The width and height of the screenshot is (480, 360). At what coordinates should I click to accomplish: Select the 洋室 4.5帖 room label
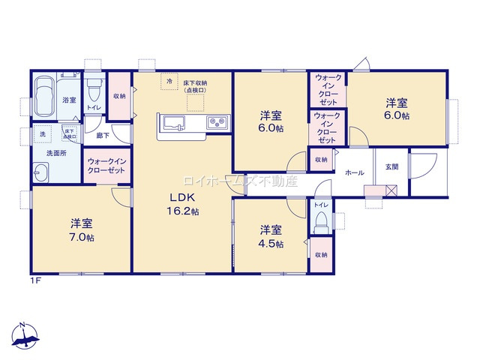(x=271, y=236)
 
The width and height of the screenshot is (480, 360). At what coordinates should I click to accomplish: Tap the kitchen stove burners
(x=217, y=122)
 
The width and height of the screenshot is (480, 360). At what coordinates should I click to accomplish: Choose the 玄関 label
(x=392, y=166)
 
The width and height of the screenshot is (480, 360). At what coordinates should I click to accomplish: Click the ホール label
(x=355, y=173)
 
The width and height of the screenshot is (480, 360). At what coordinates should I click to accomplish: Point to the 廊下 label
(x=102, y=136)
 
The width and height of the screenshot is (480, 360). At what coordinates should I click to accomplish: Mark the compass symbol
(x=25, y=336)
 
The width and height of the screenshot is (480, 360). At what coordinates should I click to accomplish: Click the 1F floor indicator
(x=34, y=280)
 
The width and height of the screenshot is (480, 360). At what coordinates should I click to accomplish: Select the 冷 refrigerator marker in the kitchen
(x=169, y=80)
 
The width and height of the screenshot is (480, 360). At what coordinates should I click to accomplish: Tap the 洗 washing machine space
(x=42, y=133)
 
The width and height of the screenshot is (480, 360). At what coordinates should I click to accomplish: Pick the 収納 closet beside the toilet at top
(x=119, y=96)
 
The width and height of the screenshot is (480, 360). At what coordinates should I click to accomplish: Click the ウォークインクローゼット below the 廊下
(x=106, y=166)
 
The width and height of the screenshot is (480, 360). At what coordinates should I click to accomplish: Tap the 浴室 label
(x=69, y=100)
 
